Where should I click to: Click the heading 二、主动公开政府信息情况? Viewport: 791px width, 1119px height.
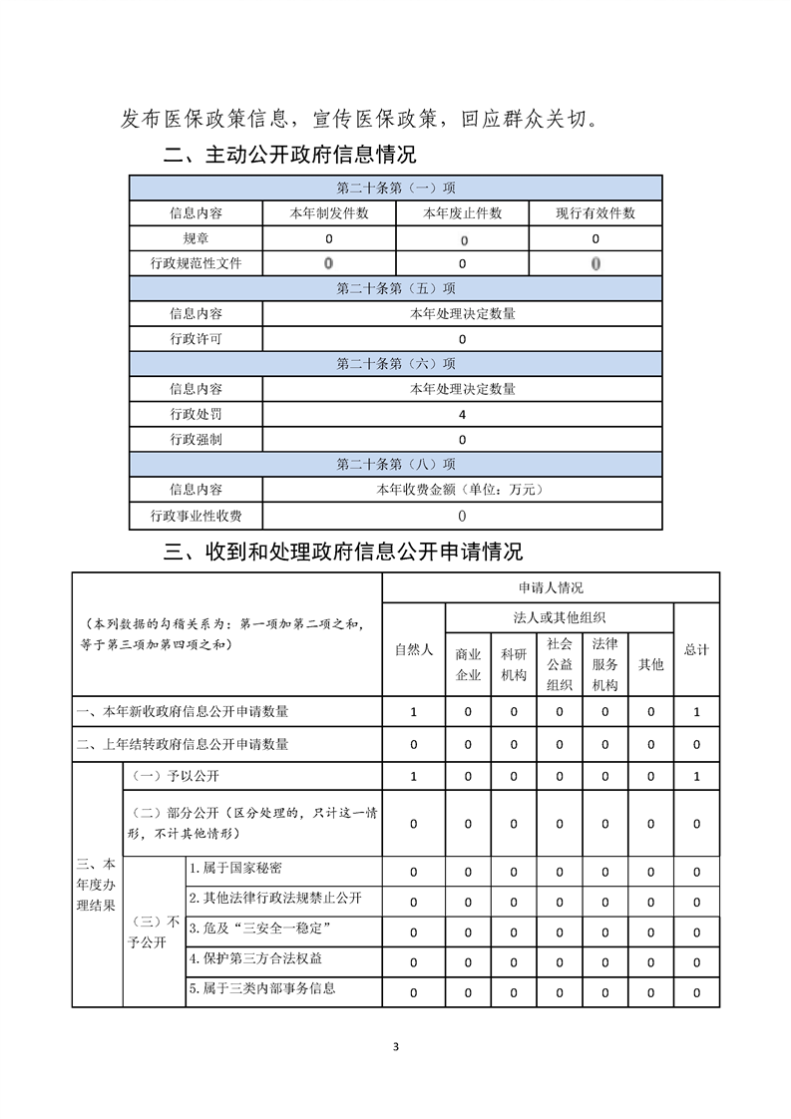pyautogui.click(x=289, y=156)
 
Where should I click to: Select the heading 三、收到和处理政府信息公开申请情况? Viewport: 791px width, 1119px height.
pyautogui.click(x=342, y=552)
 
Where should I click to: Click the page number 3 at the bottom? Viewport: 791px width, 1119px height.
pyautogui.click(x=396, y=1046)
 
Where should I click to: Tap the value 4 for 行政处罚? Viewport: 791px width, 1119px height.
pyautogui.click(x=462, y=414)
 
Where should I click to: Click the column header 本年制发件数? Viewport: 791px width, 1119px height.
pyautogui.click(x=329, y=213)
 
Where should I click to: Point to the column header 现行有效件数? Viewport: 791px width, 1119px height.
pyautogui.click(x=595, y=213)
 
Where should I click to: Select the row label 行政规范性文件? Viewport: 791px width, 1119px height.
pyautogui.click(x=196, y=263)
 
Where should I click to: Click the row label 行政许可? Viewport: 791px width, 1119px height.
pyautogui.click(x=196, y=339)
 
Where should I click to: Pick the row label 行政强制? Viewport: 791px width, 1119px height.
pyautogui.click(x=196, y=440)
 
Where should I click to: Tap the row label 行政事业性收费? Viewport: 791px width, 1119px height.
pyautogui.click(x=196, y=516)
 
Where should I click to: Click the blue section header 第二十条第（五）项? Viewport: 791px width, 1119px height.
pyautogui.click(x=396, y=289)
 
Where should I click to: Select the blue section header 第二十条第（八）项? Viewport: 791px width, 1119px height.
pyautogui.click(x=396, y=465)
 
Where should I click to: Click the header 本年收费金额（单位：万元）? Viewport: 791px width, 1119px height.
pyautogui.click(x=462, y=490)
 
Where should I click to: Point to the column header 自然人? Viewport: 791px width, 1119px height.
pyautogui.click(x=414, y=649)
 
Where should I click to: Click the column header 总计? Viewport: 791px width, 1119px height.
pyautogui.click(x=696, y=649)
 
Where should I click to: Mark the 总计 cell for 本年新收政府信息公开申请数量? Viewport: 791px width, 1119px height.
pyautogui.click(x=696, y=712)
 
